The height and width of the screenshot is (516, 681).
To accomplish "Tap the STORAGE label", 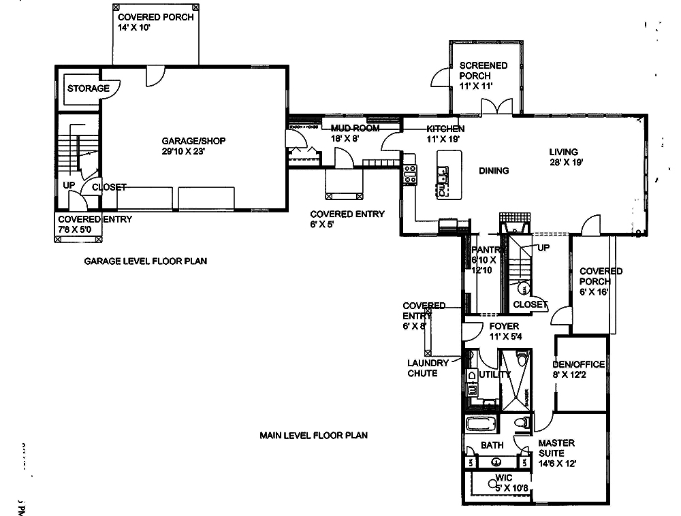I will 88,88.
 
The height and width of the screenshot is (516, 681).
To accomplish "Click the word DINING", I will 494,171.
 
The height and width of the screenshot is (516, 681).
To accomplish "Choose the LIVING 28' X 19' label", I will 564,157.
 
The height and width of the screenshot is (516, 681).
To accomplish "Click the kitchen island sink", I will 444,187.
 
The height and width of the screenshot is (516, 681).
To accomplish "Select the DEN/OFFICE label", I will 579,369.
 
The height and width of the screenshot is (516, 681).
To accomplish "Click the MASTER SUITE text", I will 557,453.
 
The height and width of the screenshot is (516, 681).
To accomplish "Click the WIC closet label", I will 505,483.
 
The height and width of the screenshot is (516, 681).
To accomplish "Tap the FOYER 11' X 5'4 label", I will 504,331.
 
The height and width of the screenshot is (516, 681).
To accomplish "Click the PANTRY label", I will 486,259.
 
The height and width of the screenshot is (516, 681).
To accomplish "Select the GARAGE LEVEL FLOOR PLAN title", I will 145,261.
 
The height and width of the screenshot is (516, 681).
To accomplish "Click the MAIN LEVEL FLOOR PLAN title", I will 313,435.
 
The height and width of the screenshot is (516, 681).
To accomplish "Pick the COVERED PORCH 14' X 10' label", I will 155,22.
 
